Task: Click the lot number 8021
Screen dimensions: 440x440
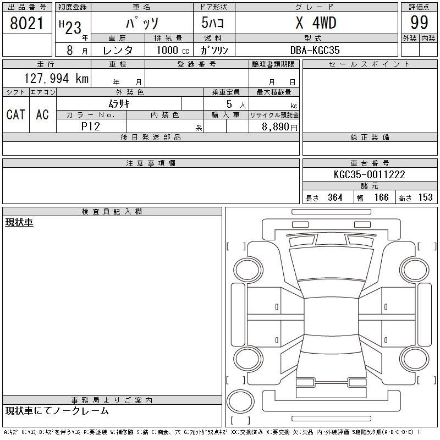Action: pyautogui.click(x=26, y=23)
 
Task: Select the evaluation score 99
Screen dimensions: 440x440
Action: pyautogui.click(x=419, y=23)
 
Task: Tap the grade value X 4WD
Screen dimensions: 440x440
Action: pyautogui.click(x=316, y=23)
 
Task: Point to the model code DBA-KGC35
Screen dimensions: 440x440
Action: pyautogui.click(x=315, y=50)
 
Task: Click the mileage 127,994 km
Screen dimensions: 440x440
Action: pyautogui.click(x=56, y=79)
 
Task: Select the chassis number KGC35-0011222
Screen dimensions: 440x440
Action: pyautogui.click(x=369, y=174)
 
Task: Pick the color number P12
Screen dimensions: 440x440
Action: pyautogui.click(x=90, y=127)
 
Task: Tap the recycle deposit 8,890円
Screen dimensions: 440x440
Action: pyautogui.click(x=279, y=127)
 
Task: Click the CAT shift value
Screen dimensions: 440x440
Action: pyautogui.click(x=16, y=114)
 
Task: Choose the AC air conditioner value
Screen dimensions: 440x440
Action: pyautogui.click(x=42, y=114)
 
